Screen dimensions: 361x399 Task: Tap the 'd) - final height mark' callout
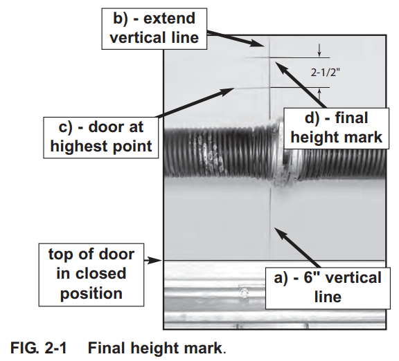pos(337,127)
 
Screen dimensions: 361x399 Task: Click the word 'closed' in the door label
pos(103,273)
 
